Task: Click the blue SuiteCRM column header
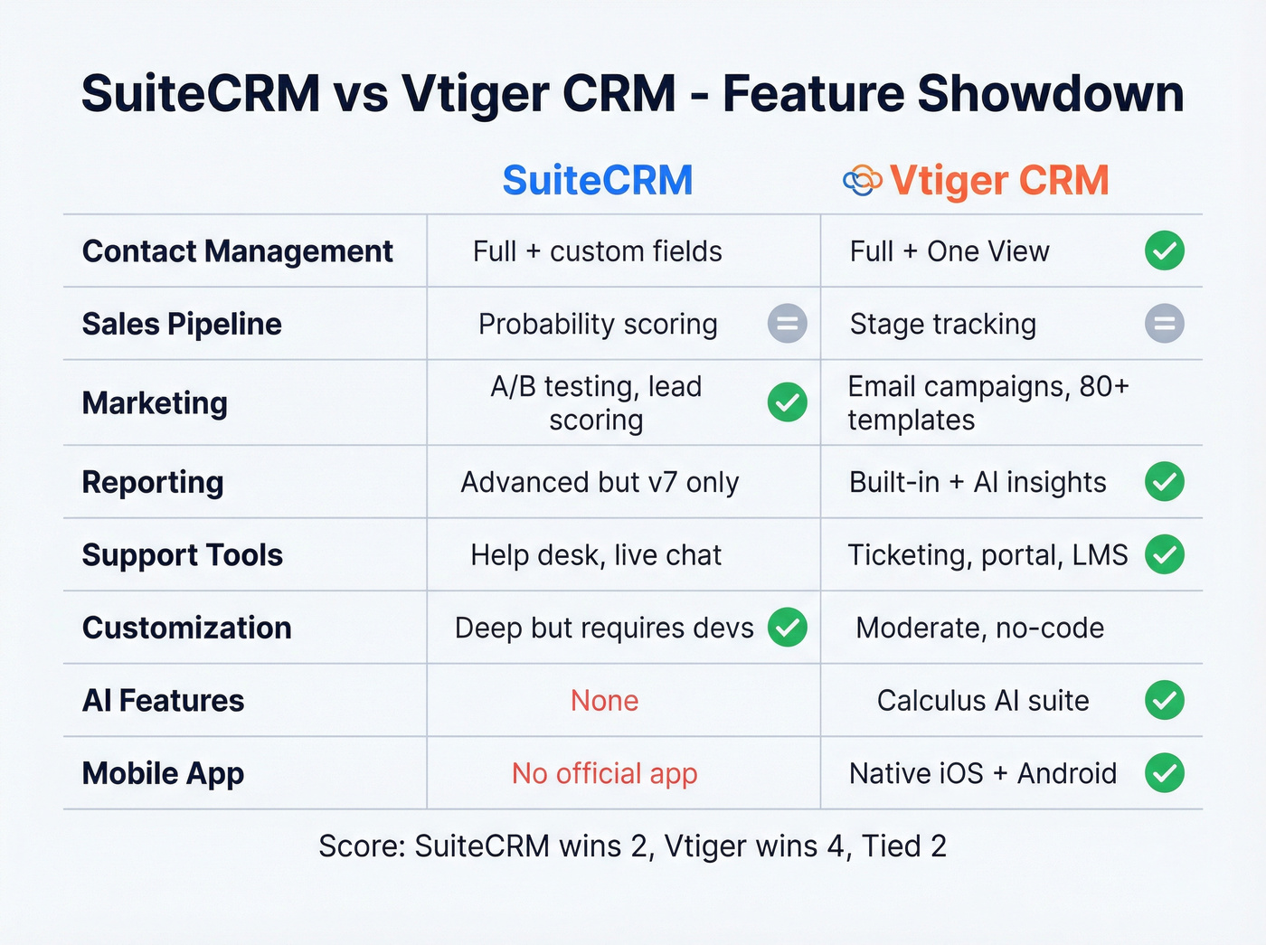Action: tap(598, 180)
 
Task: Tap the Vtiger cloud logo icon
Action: tap(862, 180)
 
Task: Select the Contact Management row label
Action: tap(238, 251)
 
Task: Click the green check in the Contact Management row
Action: tap(1164, 251)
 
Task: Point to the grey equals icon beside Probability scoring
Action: tap(787, 324)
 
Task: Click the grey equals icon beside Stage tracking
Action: tap(1164, 324)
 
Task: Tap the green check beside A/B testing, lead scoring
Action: tap(787, 402)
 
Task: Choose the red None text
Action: tap(604, 701)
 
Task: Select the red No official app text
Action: tap(604, 773)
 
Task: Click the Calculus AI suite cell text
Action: tap(983, 701)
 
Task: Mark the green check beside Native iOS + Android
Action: tap(1164, 773)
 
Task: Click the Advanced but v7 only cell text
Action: tap(600, 482)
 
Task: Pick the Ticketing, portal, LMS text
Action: tap(987, 554)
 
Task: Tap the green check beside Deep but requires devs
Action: tap(787, 628)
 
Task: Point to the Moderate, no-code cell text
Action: tap(979, 628)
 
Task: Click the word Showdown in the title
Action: tap(1050, 93)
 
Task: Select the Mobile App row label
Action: tap(163, 773)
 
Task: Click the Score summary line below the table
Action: tap(632, 846)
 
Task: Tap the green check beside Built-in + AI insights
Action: tap(1164, 482)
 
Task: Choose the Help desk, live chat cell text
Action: tap(596, 554)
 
